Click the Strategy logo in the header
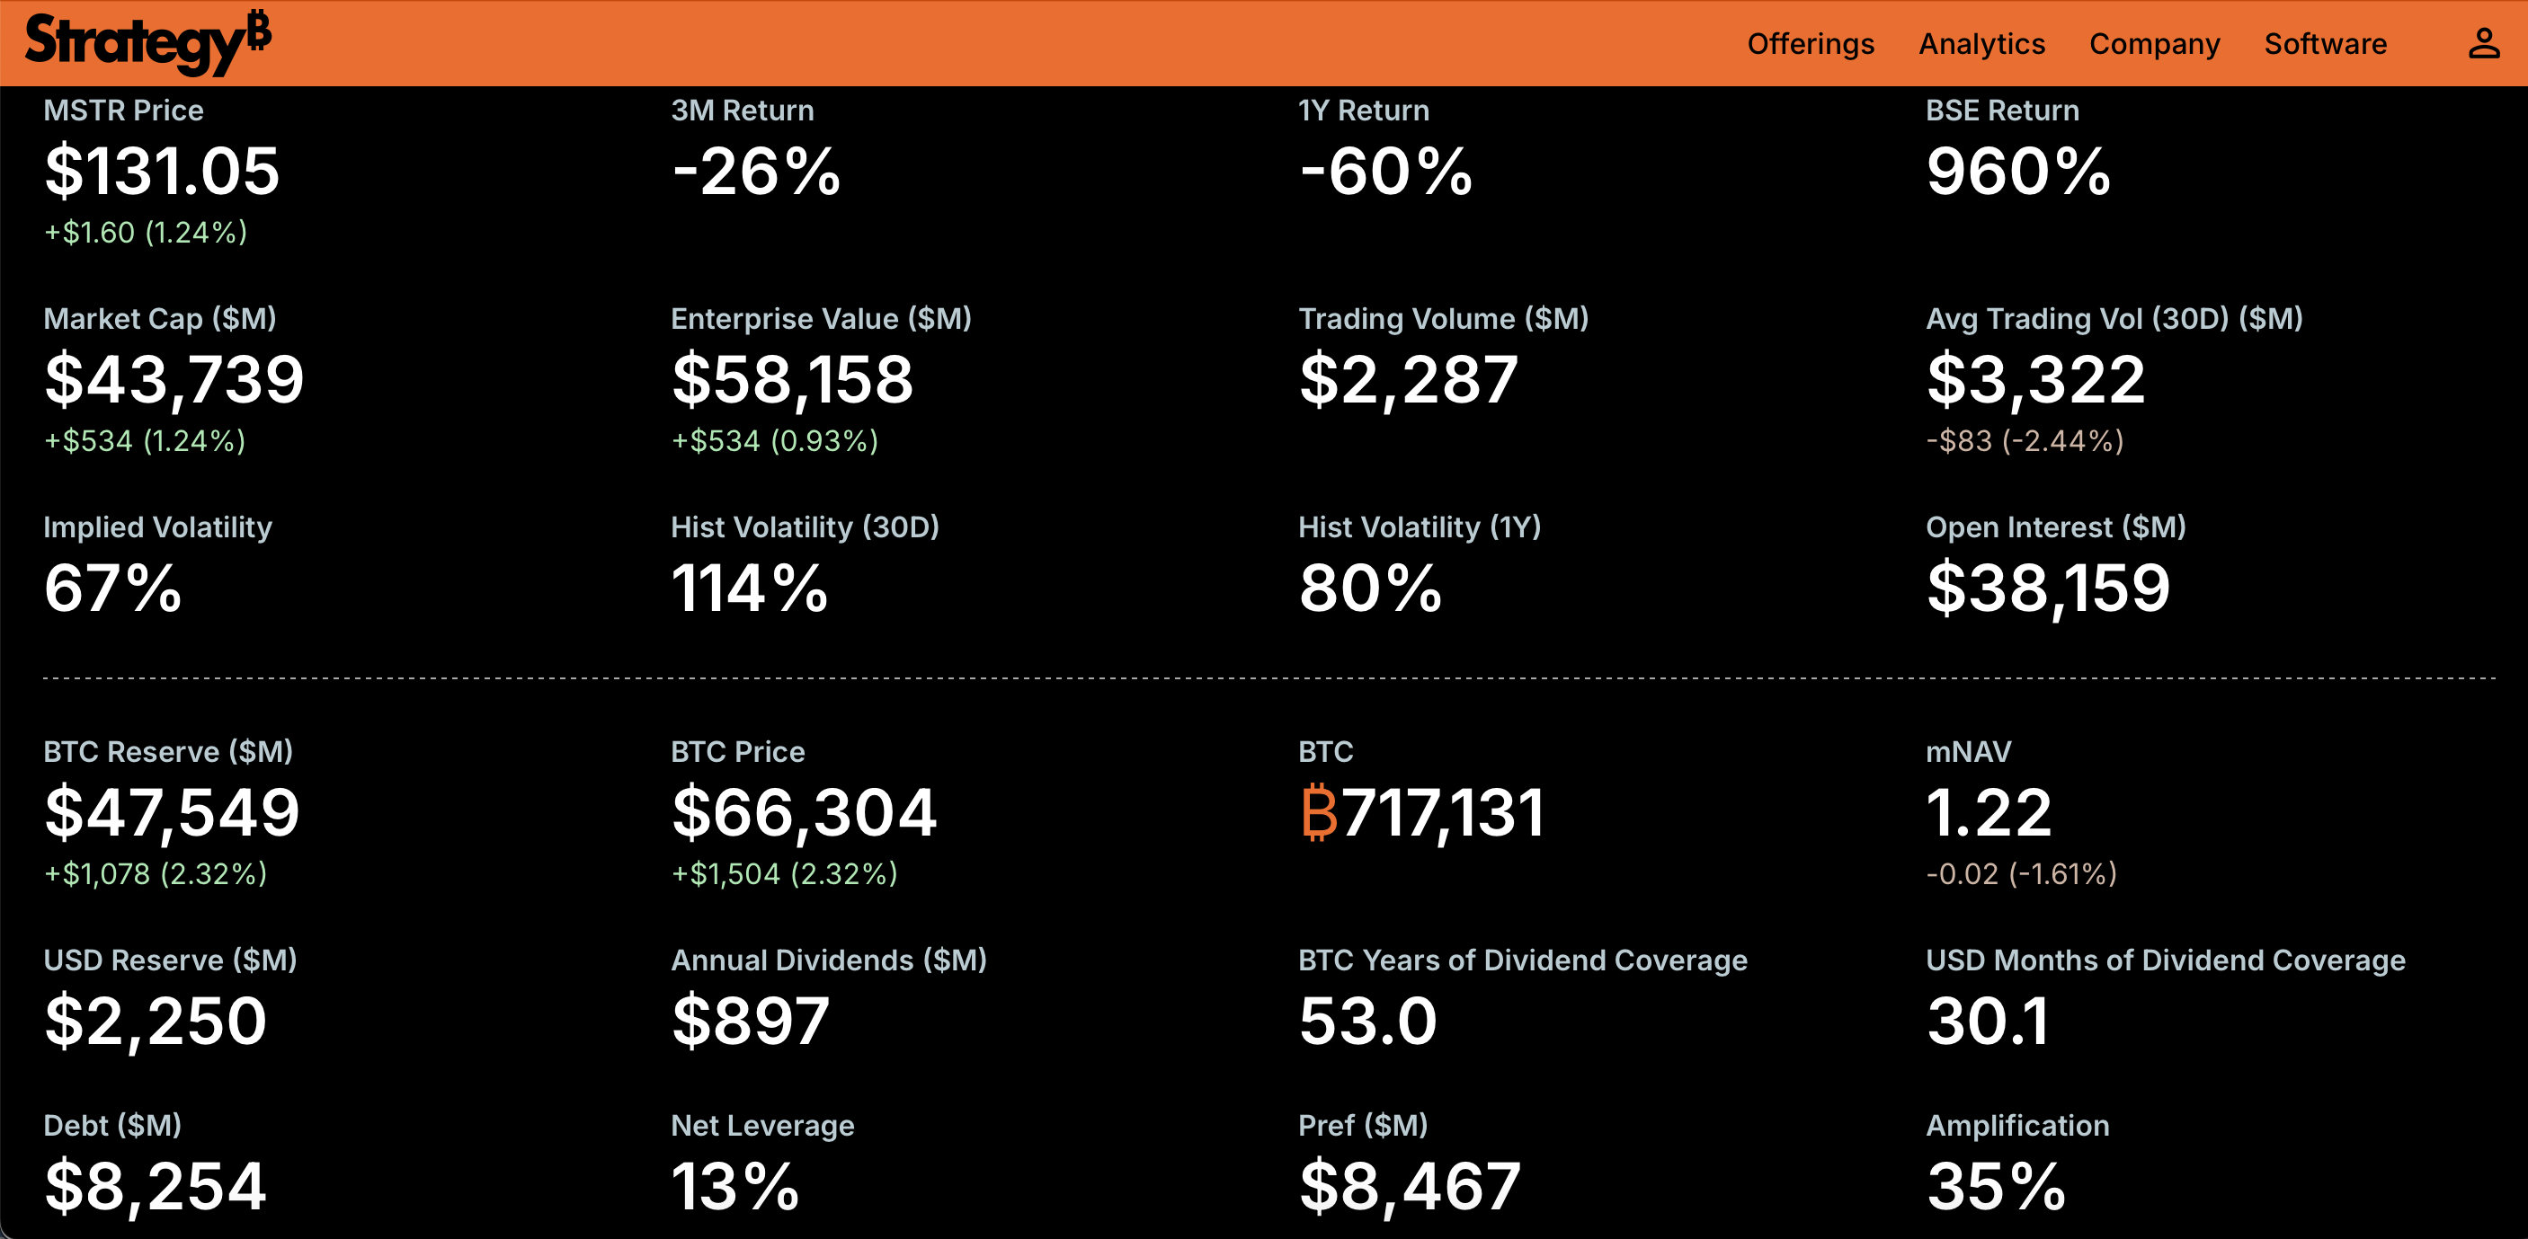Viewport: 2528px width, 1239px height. pyautogui.click(x=147, y=42)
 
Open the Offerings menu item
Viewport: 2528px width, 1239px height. pyautogui.click(x=1811, y=44)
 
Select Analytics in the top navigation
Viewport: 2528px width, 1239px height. pyautogui.click(x=1981, y=44)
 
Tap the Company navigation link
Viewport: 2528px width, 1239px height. pyautogui.click(x=2154, y=44)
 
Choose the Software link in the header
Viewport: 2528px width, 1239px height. pyautogui.click(x=2325, y=44)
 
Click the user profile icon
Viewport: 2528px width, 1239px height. pyautogui.click(x=2484, y=43)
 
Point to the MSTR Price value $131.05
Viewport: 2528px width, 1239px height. pyautogui.click(x=162, y=172)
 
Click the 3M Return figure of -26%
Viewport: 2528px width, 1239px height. pyautogui.click(x=756, y=172)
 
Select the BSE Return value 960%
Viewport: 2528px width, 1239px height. pyautogui.click(x=2017, y=172)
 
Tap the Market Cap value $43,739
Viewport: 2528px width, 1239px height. pyautogui.click(x=174, y=381)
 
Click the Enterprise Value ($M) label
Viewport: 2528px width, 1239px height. pyautogui.click(x=821, y=319)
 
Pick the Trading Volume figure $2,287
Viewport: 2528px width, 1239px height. pyautogui.click(x=1408, y=381)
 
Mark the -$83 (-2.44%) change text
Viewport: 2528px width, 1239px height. pyautogui.click(x=2025, y=440)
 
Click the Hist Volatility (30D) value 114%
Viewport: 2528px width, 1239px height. pyautogui.click(x=750, y=589)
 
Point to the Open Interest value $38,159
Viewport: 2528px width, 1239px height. pyautogui.click(x=2048, y=589)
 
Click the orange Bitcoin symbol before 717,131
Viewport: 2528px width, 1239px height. pyautogui.click(x=1318, y=813)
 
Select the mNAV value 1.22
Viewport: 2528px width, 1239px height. pyautogui.click(x=1989, y=813)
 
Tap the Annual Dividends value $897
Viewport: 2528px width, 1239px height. pyautogui.click(x=751, y=1022)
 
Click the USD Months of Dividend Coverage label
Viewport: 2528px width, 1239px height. pyautogui.click(x=2165, y=960)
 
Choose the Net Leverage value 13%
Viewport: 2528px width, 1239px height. pyautogui.click(x=735, y=1186)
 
